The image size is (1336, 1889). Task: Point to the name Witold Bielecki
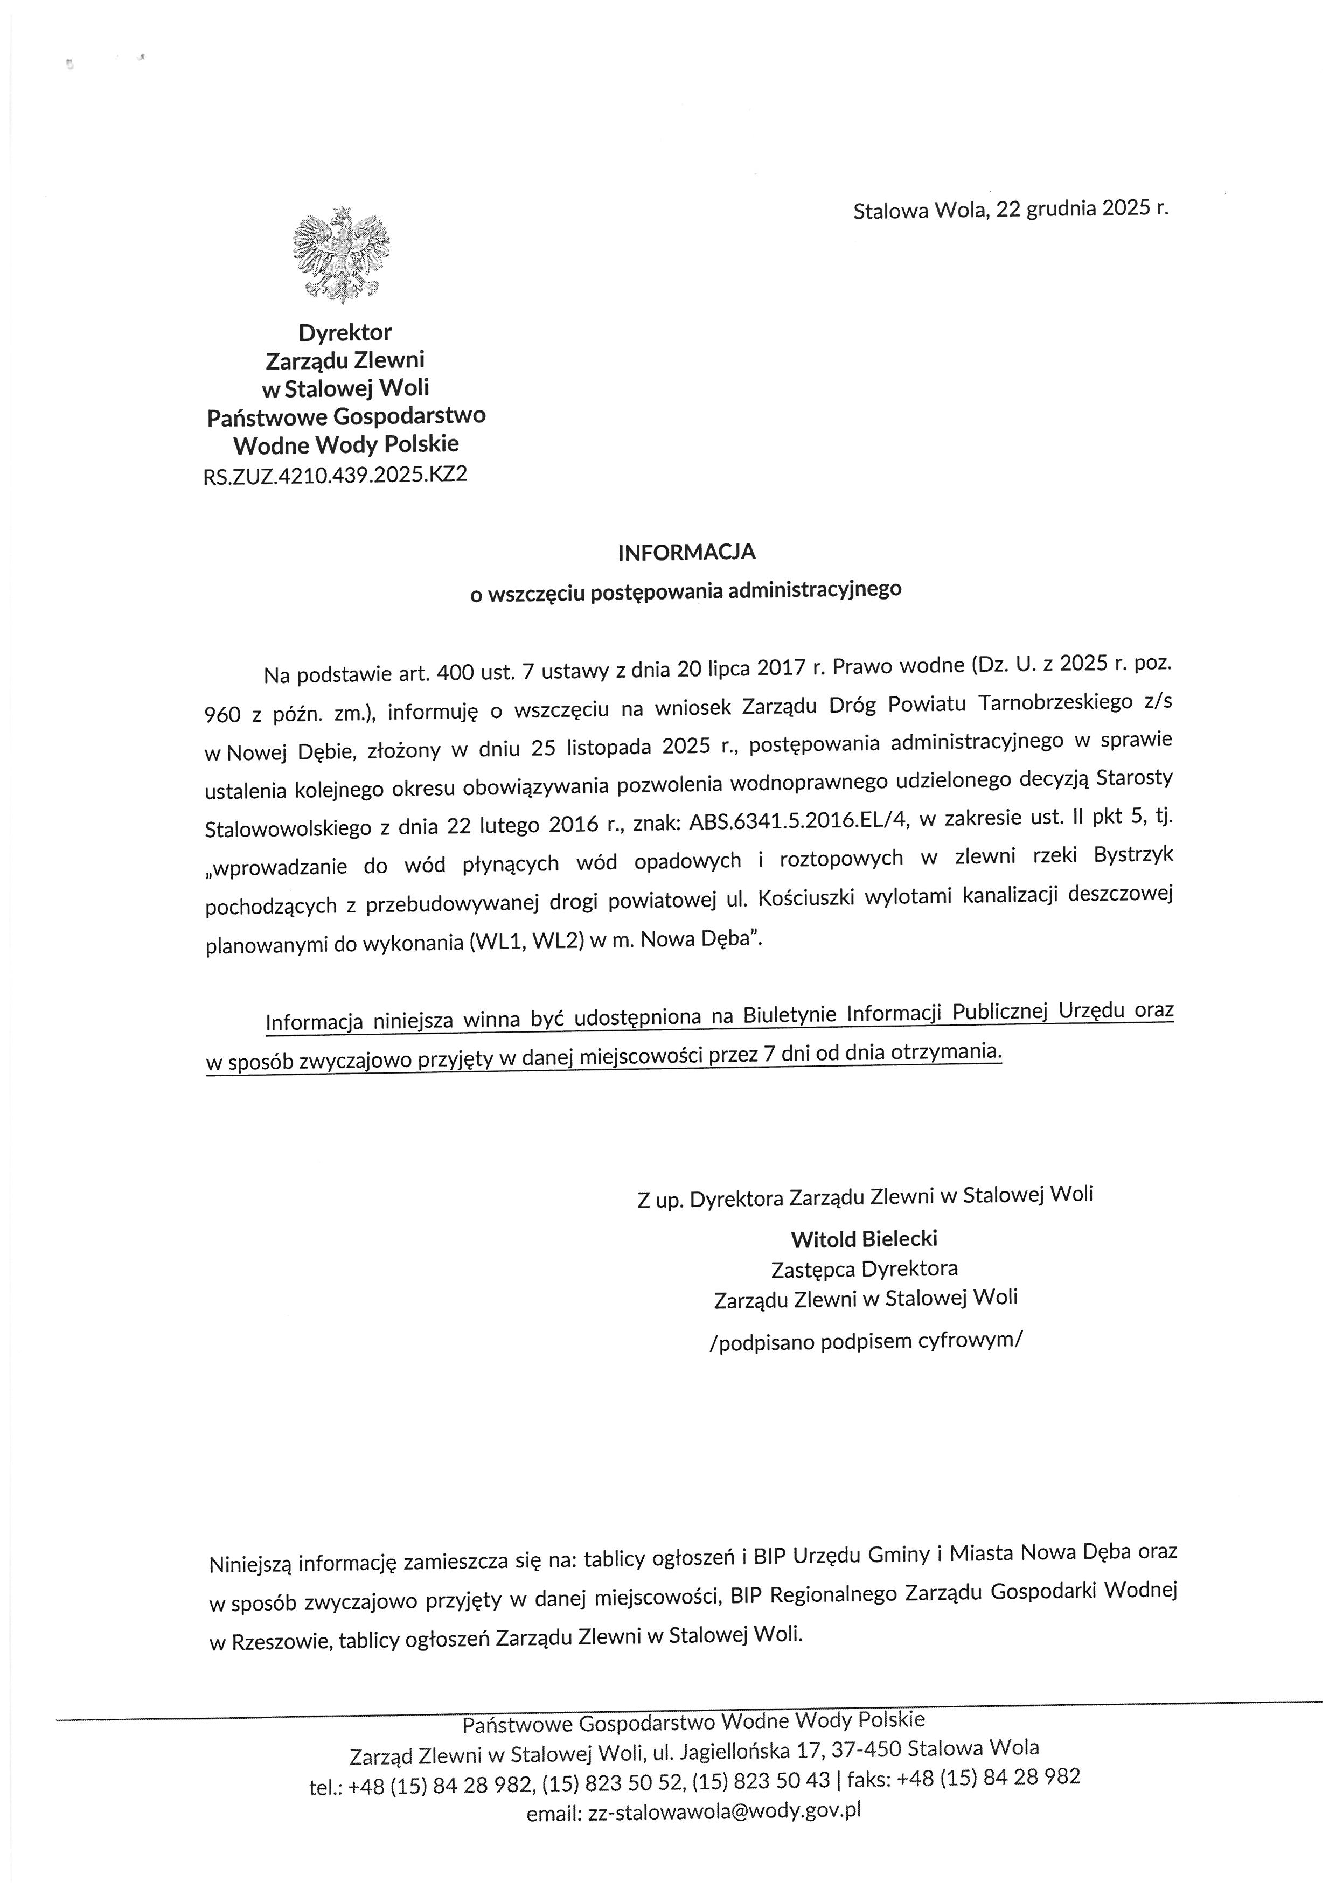pos(864,1238)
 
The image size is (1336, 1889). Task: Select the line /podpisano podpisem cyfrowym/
pos(866,1341)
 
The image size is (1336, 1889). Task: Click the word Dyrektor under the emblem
pos(345,332)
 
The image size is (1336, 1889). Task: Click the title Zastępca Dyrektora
pos(864,1268)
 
